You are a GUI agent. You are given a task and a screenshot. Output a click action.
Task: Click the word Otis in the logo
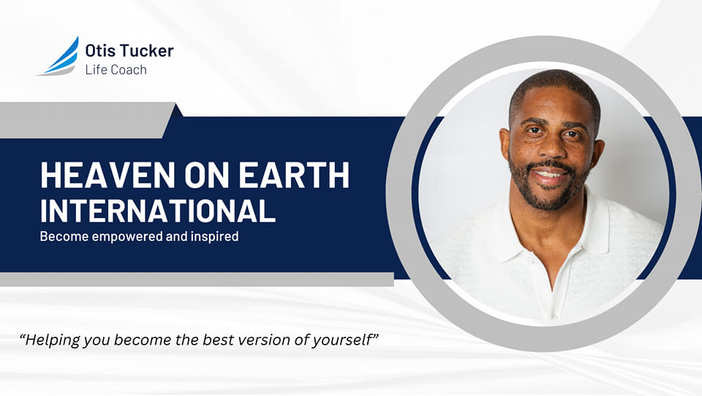97,51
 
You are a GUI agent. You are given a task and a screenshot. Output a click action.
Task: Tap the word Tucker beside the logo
143,51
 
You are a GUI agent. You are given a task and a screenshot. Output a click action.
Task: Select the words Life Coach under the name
116,70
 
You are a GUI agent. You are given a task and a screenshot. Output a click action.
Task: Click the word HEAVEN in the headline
107,175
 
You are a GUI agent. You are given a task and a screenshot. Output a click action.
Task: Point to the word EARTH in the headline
294,175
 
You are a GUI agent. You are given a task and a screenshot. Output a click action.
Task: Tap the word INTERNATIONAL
158,210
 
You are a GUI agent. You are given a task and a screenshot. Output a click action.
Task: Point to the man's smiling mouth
550,174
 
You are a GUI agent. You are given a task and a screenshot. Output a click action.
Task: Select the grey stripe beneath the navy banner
197,280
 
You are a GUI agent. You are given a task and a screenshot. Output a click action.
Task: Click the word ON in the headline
207,175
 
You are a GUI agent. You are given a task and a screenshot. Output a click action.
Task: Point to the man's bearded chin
550,199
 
